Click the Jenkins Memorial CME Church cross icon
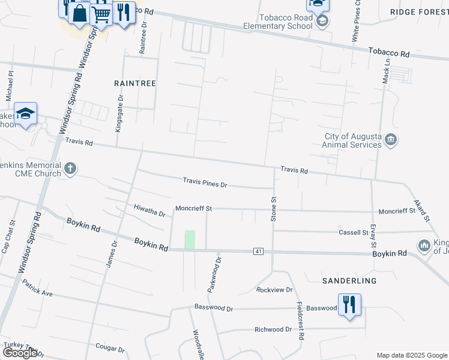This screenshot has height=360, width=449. (x=70, y=168)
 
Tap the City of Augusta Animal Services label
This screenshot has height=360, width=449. (x=352, y=140)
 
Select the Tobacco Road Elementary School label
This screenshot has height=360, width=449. (x=277, y=22)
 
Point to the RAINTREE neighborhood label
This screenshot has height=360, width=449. (x=135, y=84)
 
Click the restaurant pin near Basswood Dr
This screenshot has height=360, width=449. (x=349, y=304)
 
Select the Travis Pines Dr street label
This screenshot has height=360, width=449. (x=205, y=182)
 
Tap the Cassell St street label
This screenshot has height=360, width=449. (x=353, y=232)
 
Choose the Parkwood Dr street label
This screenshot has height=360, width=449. (x=214, y=274)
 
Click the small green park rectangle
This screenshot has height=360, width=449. (x=190, y=240)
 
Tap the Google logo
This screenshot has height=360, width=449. (x=20, y=353)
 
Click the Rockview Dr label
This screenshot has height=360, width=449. (x=274, y=290)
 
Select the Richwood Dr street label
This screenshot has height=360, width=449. (x=273, y=329)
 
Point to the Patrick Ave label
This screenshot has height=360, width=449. (x=38, y=287)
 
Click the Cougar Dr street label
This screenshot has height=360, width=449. (x=109, y=348)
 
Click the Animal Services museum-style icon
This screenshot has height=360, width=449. (x=391, y=140)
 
